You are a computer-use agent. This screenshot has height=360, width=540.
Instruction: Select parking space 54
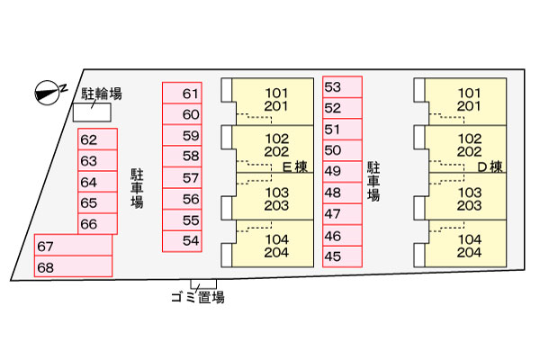point(183,240)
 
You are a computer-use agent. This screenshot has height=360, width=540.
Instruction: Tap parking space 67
point(73,247)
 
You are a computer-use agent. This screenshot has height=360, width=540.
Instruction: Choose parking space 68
point(73,266)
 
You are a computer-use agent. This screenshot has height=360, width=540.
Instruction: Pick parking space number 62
point(97,140)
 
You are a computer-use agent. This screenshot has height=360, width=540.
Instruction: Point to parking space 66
point(97,224)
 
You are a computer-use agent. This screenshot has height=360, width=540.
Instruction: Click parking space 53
point(342,87)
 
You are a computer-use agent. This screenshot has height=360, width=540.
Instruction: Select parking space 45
point(342,256)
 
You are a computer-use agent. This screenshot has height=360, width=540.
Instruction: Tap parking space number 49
point(342,172)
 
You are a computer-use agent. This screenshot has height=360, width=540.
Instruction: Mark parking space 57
point(183,177)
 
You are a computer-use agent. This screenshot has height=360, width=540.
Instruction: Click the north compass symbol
point(45,90)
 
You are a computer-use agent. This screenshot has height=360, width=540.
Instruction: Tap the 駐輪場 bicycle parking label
point(101,92)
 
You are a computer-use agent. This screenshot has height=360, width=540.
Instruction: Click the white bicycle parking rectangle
point(92,112)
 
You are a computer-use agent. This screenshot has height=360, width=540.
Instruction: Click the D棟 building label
point(489,166)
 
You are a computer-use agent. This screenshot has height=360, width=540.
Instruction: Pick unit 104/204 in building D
point(469,246)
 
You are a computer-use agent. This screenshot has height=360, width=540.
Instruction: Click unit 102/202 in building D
point(469,145)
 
